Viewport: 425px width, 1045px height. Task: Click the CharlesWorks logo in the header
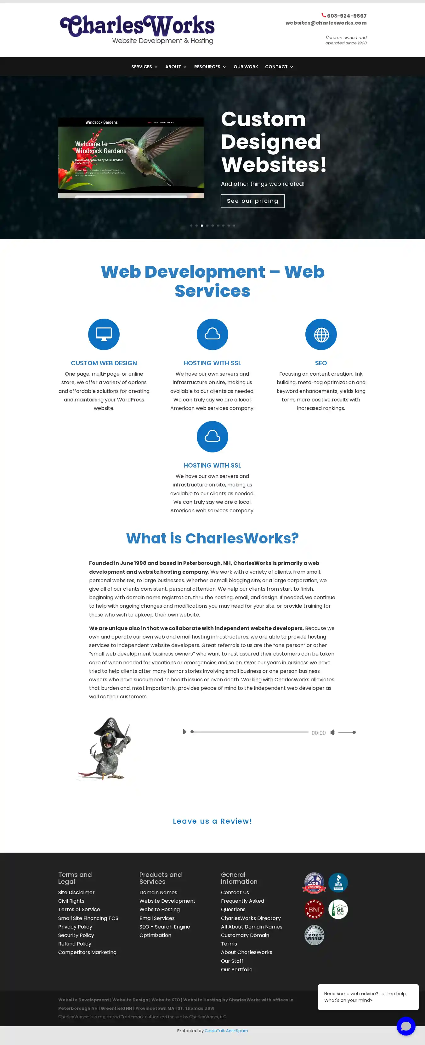137,29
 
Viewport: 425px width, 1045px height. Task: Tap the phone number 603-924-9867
346,16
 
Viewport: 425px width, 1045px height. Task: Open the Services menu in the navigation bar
144,67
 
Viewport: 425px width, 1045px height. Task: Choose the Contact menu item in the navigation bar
279,67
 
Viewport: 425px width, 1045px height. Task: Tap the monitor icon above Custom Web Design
104,334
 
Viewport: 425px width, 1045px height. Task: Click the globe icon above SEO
321,334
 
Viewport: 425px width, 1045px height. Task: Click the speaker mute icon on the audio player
332,732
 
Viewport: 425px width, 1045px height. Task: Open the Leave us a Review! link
212,821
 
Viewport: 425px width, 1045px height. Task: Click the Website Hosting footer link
159,910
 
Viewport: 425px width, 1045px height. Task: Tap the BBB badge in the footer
338,883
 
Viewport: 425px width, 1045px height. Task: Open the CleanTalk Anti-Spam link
226,1031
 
